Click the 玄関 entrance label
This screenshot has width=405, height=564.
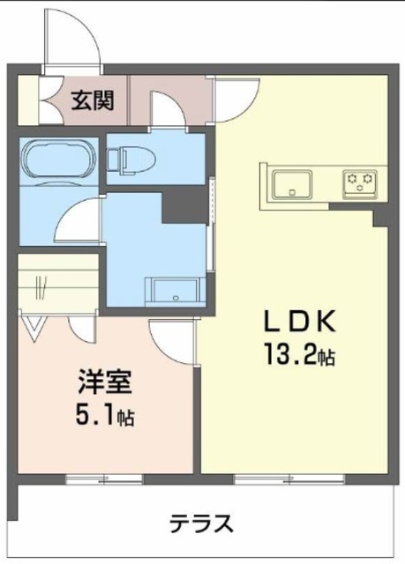93,100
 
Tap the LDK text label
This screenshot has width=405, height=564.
300,321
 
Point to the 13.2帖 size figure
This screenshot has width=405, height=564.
300,354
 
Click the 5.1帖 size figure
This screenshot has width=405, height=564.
105,415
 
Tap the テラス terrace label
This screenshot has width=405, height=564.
201,523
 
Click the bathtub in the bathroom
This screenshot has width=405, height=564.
59,160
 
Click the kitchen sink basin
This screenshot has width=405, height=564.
292,184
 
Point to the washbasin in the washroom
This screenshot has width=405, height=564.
174,291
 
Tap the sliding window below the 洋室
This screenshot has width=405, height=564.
105,479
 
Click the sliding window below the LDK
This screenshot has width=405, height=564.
289,479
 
